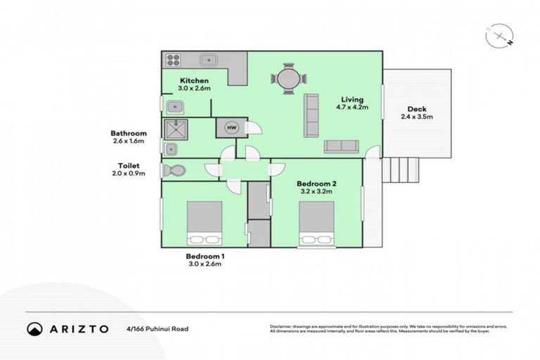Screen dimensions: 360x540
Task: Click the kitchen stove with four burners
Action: [x=172, y=60]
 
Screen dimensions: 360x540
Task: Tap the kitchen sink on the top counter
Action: [x=209, y=60]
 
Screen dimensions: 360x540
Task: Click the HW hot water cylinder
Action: [x=231, y=127]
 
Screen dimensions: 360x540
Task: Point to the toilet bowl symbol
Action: [x=174, y=170]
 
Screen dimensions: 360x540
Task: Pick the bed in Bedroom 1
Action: [x=205, y=224]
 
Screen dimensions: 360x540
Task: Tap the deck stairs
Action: [x=399, y=169]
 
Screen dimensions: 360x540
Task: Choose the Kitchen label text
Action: [x=194, y=80]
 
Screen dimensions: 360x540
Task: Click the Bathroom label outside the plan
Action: [x=128, y=133]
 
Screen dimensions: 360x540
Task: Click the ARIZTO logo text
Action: [x=79, y=328]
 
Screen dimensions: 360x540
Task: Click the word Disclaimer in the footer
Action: [x=281, y=326]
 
